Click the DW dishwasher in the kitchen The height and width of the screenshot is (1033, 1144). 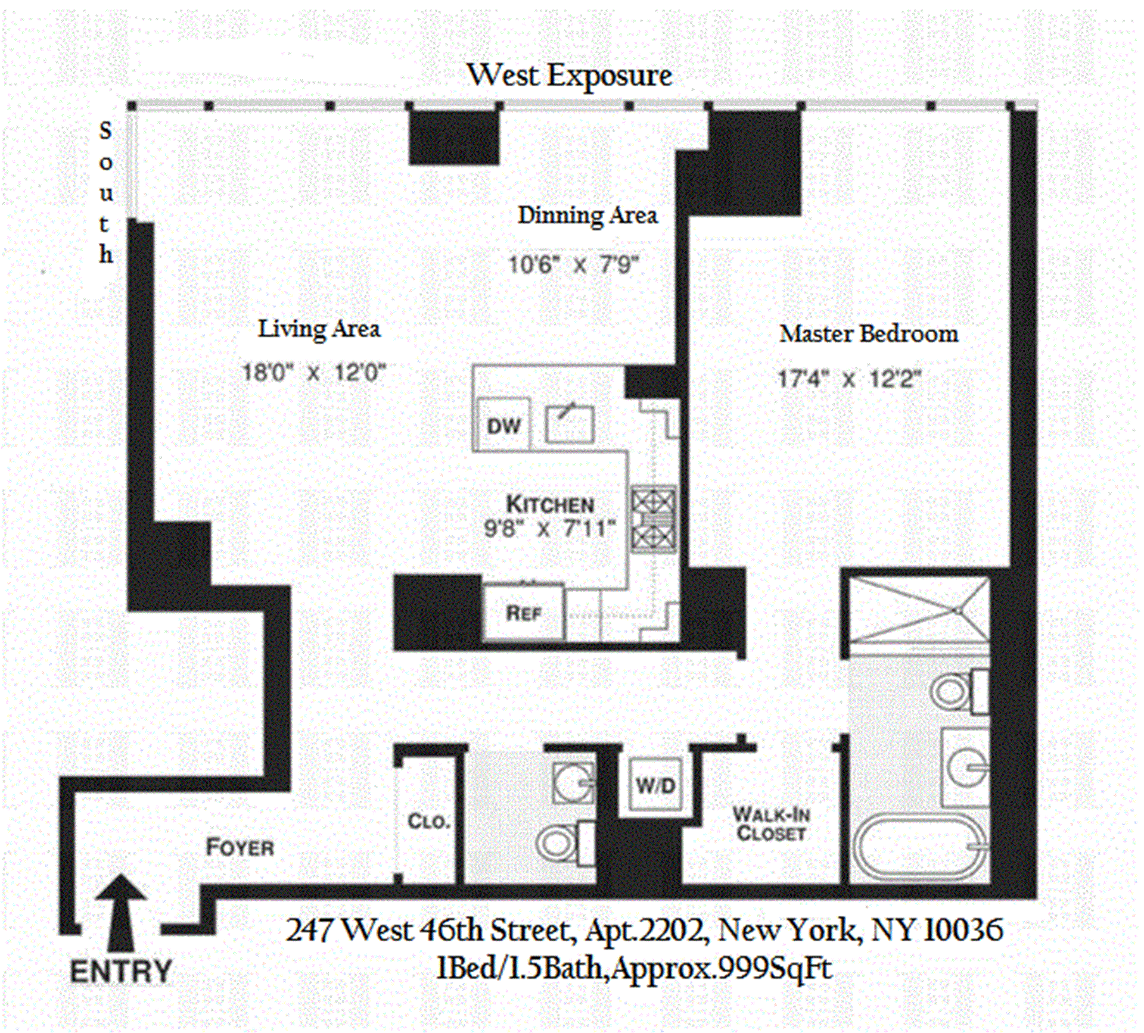(503, 425)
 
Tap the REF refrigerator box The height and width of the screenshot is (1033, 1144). (523, 613)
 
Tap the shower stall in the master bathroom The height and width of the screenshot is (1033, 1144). (918, 610)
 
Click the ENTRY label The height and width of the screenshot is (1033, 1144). (121, 972)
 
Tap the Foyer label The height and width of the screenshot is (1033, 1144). (240, 847)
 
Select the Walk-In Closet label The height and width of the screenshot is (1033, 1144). (771, 823)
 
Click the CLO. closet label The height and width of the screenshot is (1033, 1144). (428, 822)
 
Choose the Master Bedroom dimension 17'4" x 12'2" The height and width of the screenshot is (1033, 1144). (850, 379)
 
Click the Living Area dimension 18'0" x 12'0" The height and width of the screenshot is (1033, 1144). (314, 373)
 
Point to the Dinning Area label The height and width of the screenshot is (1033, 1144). (587, 216)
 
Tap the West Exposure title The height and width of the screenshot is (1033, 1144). (569, 76)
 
